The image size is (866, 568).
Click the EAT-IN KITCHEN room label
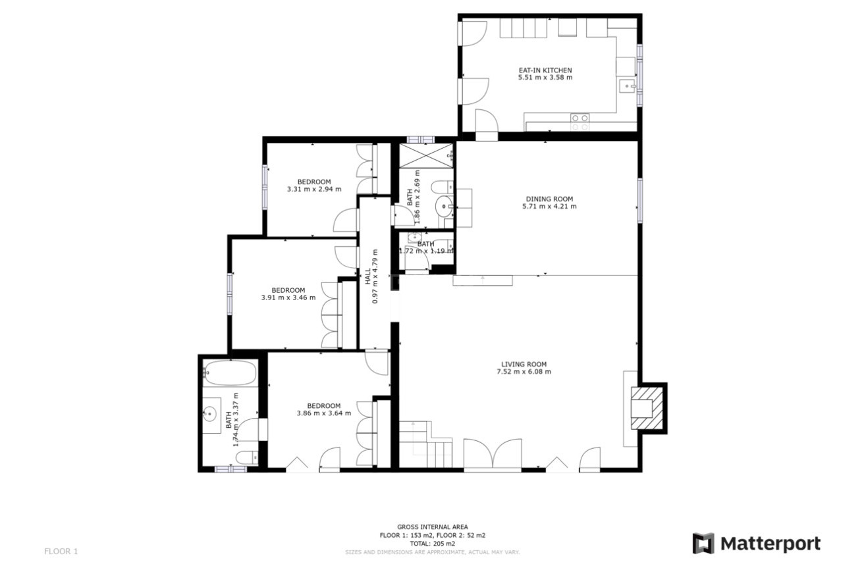(545, 70)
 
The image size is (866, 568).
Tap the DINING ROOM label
(549, 199)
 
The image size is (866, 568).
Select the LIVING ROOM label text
(524, 364)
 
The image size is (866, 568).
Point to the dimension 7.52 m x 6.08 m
(524, 372)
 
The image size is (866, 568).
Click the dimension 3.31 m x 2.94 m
(313, 190)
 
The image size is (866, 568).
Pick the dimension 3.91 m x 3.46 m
(288, 297)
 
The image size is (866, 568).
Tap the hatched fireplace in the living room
(643, 407)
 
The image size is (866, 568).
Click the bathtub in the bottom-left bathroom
(229, 373)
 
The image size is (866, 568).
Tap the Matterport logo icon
(703, 544)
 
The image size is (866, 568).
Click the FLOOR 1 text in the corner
(61, 552)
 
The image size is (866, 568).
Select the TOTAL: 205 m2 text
(432, 544)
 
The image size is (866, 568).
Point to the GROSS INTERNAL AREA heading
(432, 527)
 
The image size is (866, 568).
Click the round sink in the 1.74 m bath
(210, 414)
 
